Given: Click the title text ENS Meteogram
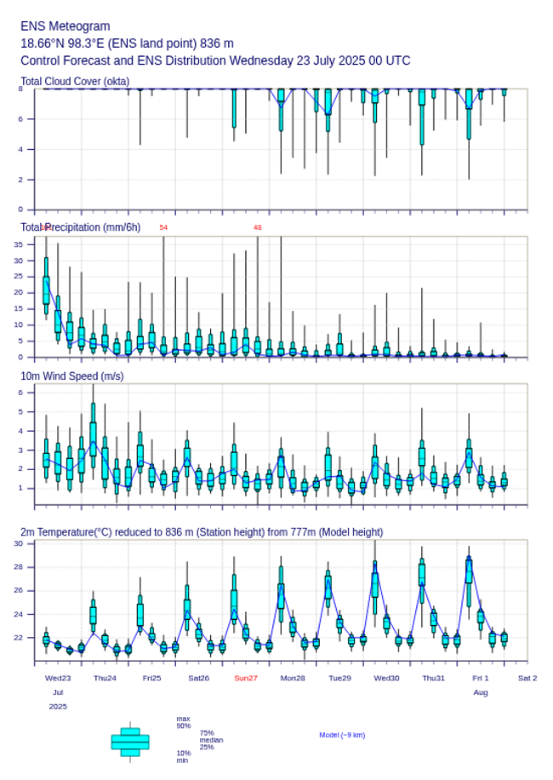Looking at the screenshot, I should click(66, 26).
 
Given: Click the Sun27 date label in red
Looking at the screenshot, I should click(246, 678).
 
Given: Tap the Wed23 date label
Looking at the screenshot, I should click(58, 678).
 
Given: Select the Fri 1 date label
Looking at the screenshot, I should click(481, 678).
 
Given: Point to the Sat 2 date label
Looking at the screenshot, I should click(527, 678).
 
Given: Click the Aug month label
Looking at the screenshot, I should click(481, 692).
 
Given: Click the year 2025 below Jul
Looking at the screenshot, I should click(58, 706).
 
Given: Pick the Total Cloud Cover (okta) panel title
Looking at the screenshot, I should click(75, 82).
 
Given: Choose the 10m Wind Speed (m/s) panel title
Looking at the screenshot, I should click(72, 376).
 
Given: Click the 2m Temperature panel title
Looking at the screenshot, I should click(202, 532).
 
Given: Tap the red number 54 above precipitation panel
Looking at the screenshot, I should click(163, 227).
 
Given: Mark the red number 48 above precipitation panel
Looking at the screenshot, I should click(257, 227).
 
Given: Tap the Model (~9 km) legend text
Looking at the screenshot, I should click(342, 735).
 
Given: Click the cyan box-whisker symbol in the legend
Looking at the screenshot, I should click(130, 742).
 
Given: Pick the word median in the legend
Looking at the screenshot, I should click(211, 740).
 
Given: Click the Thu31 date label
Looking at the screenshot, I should click(434, 678).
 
